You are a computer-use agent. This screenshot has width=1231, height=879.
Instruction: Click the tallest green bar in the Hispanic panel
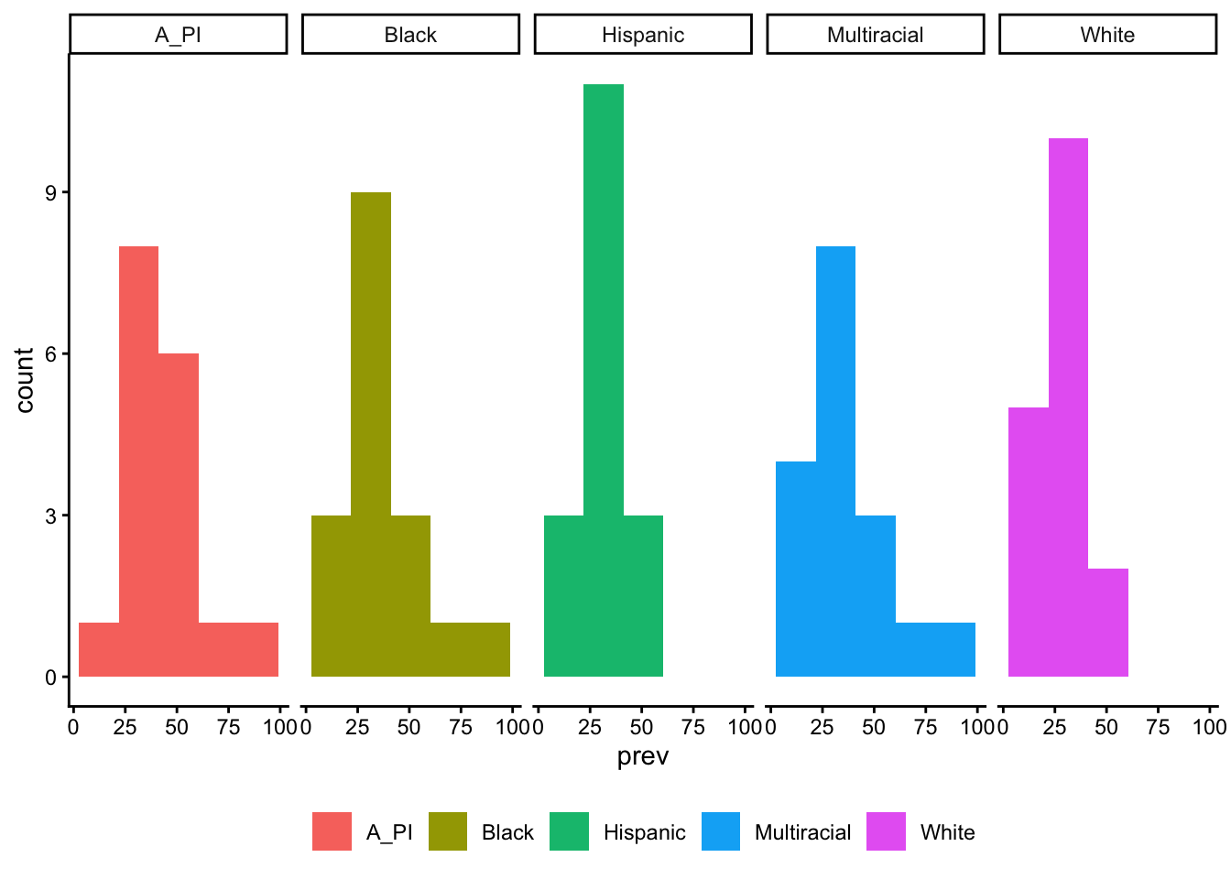[x=604, y=380]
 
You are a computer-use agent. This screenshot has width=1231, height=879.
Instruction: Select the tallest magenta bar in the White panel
[x=1068, y=407]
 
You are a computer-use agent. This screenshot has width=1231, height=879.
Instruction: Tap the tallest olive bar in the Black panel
[x=371, y=434]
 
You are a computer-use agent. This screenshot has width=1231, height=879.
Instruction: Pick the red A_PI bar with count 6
[x=179, y=515]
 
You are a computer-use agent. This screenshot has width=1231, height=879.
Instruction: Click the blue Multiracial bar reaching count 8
[x=835, y=461]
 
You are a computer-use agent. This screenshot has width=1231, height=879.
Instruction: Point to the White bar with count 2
[x=1108, y=623]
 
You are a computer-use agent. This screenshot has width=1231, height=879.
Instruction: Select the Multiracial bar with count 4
[x=796, y=569]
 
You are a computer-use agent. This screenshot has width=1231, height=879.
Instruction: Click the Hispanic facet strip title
[x=643, y=35]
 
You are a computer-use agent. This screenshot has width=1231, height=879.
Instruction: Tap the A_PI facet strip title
[x=179, y=35]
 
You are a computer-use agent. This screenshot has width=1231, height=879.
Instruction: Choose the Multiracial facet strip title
[x=875, y=35]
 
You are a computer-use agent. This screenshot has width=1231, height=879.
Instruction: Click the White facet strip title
[x=1107, y=35]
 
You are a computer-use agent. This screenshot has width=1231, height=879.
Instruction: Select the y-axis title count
[x=25, y=380]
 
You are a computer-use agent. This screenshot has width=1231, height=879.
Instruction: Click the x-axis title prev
[x=643, y=757]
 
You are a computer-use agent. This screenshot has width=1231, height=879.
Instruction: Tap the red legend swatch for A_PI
[x=332, y=831]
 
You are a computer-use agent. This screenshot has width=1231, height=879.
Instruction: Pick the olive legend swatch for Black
[x=448, y=831]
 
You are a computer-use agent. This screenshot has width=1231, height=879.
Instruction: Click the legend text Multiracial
[x=802, y=832]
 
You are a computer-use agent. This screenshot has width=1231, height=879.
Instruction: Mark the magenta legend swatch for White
[x=886, y=831]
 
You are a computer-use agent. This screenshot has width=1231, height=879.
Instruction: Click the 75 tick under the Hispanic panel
[x=694, y=727]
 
